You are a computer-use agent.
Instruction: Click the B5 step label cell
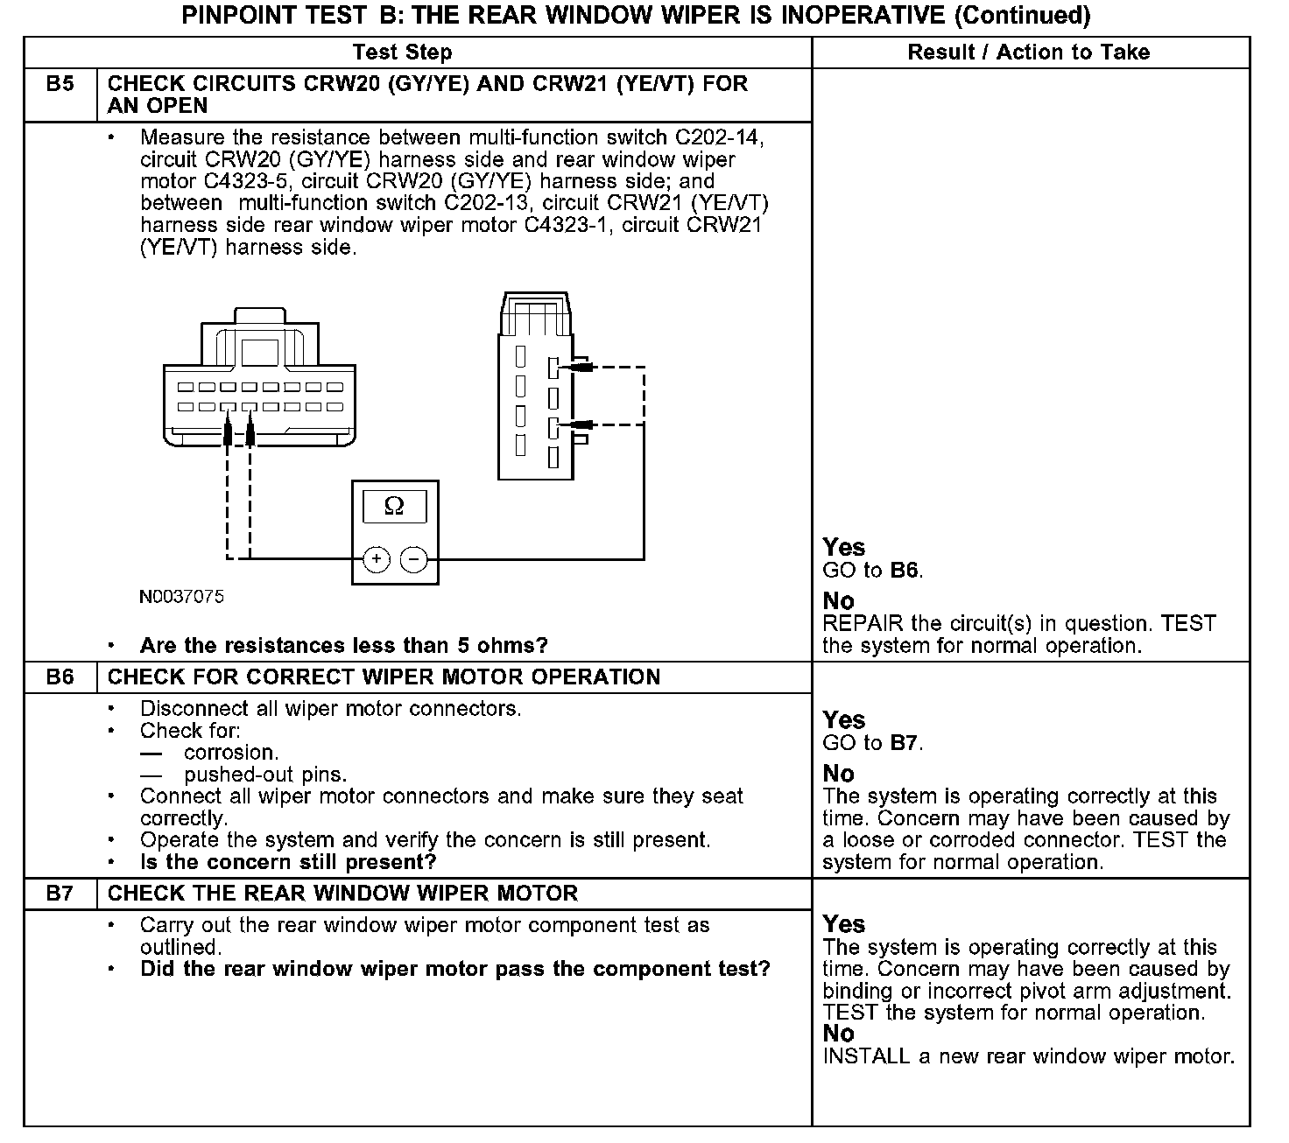(x=60, y=85)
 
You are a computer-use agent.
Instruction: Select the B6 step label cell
(x=60, y=677)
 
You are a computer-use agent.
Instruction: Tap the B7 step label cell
(x=60, y=894)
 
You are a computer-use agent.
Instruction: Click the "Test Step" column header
(x=402, y=53)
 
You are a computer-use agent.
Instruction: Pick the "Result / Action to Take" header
(x=1028, y=53)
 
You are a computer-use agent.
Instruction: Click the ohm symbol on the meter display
(x=395, y=507)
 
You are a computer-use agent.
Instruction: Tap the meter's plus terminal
(x=377, y=559)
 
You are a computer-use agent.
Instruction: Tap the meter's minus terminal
(x=413, y=559)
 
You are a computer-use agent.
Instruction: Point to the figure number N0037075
(x=181, y=597)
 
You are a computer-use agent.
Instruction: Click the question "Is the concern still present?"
(x=288, y=862)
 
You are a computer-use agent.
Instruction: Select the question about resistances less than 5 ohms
(x=343, y=646)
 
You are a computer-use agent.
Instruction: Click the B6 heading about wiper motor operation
(x=384, y=677)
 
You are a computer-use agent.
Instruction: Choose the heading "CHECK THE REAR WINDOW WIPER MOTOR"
(x=342, y=894)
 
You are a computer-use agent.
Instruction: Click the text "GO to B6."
(x=873, y=571)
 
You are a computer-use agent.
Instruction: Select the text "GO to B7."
(x=873, y=743)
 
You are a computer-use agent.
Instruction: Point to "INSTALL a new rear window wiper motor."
(x=1029, y=1056)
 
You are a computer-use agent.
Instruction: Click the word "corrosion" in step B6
(x=231, y=753)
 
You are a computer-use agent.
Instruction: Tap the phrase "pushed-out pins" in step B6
(x=264, y=775)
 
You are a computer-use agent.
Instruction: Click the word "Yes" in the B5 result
(x=843, y=548)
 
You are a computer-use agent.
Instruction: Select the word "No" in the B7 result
(x=838, y=1034)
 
